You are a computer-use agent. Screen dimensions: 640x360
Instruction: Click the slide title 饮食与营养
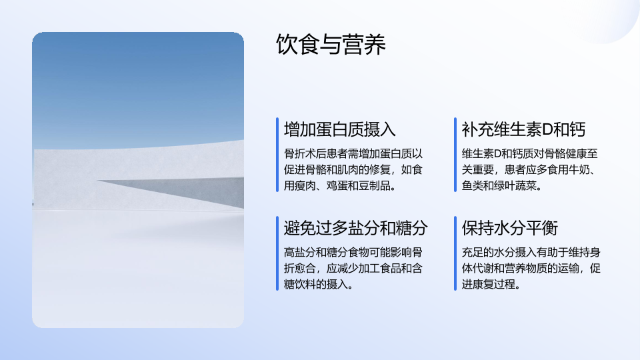pyautogui.click(x=331, y=44)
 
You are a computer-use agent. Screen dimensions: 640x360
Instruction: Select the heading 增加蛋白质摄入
pyautogui.click(x=340, y=129)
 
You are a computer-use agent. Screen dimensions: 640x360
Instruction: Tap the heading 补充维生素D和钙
pyautogui.click(x=523, y=129)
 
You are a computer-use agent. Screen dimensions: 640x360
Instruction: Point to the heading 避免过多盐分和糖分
pyautogui.click(x=355, y=228)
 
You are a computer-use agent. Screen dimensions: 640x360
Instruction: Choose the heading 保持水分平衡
pyautogui.click(x=510, y=228)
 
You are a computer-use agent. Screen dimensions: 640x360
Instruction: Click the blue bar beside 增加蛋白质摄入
pyautogui.click(x=277, y=155)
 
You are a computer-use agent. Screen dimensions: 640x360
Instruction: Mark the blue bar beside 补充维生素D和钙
pyautogui.click(x=455, y=155)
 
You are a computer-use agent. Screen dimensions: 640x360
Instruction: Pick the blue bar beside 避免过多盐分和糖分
pyautogui.click(x=277, y=253)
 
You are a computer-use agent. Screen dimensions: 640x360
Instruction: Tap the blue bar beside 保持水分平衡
pyautogui.click(x=455, y=253)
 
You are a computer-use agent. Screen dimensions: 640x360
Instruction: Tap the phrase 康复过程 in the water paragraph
pyautogui.click(x=494, y=284)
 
